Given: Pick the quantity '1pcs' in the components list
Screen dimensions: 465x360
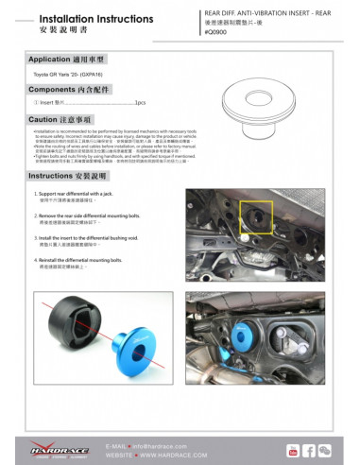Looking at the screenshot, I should point(140,102).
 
